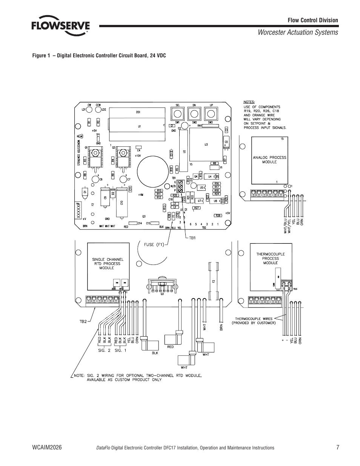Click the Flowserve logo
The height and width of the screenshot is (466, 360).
click(x=60, y=26)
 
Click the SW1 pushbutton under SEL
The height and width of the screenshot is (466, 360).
click(x=177, y=113)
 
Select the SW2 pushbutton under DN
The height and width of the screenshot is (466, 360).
click(x=194, y=113)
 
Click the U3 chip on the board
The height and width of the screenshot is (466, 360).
click(x=206, y=144)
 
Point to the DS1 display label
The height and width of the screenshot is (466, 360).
click(x=138, y=112)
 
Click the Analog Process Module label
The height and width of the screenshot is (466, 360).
click(x=269, y=160)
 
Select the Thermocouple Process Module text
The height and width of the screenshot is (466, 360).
click(x=270, y=258)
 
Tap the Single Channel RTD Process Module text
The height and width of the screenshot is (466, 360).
click(x=108, y=263)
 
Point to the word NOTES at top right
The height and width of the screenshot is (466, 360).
click(x=249, y=102)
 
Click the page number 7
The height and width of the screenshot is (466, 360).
click(x=338, y=448)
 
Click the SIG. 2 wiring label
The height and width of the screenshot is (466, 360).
click(x=104, y=351)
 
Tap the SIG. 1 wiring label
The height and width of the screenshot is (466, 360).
click(x=121, y=351)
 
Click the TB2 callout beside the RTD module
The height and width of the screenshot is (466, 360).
click(x=83, y=321)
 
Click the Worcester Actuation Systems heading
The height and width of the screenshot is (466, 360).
click(x=298, y=32)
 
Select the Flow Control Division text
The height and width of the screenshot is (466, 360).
click(x=313, y=20)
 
